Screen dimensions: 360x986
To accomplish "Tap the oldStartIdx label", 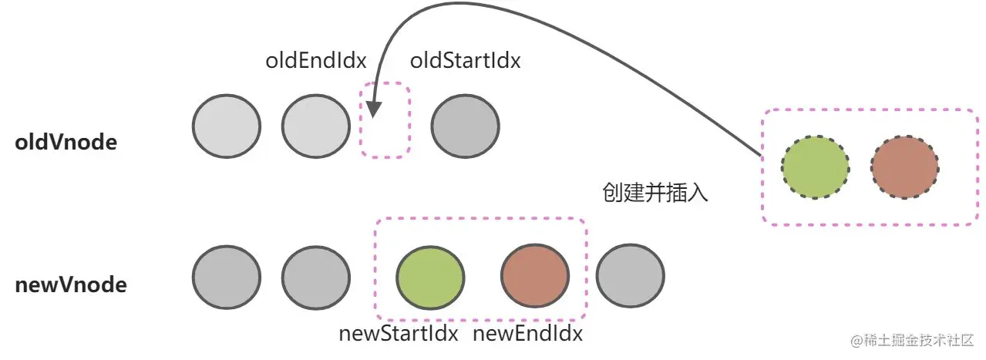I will click(465, 60).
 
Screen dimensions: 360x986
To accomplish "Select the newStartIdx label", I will click(399, 334).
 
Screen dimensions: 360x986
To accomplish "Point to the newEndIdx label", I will click(527, 334).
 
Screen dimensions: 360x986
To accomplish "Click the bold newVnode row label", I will click(71, 285).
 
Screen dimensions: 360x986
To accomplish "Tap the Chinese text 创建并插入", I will click(655, 193).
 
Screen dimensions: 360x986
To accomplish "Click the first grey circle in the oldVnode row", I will click(227, 126).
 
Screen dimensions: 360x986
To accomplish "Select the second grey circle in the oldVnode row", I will click(316, 126).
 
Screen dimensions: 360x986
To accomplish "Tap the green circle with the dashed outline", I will click(815, 167).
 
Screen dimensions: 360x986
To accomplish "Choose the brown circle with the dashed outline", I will click(905, 167).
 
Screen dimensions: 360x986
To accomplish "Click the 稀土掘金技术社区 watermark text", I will click(913, 340).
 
